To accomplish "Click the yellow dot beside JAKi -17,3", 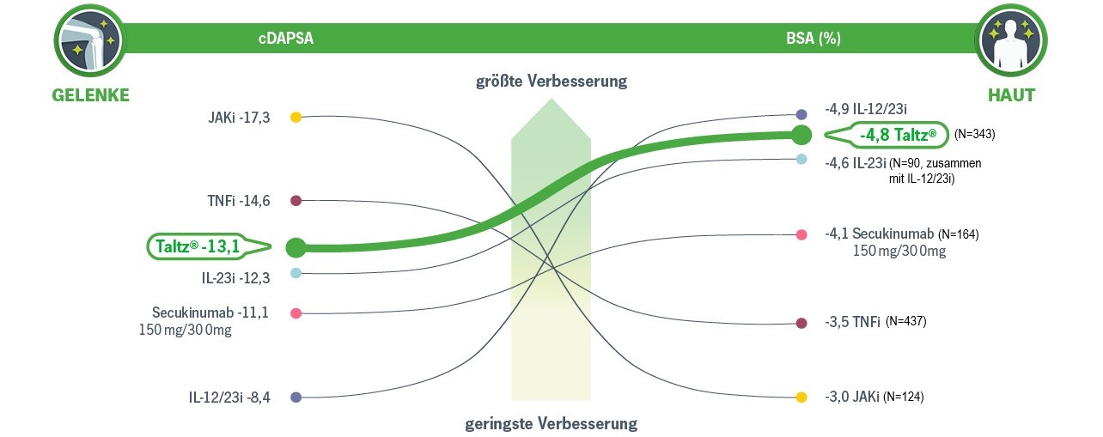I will coord(296,117).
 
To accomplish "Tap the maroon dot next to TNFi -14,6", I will coord(296,201).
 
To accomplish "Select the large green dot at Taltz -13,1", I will coord(296,247).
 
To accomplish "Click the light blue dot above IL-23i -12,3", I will coord(296,273).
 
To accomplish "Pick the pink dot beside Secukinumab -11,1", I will coord(296,313).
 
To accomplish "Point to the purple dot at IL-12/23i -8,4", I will coord(296,398).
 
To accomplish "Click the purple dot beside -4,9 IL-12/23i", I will coord(801,114).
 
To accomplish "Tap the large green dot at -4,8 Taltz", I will coord(801,135).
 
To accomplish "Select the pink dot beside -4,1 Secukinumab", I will coord(801,234).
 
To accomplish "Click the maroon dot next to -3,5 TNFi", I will coord(801,324).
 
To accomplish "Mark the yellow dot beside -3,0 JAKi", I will coord(801,398).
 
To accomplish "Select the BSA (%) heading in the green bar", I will coord(813,39).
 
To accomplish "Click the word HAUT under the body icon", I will coord(1010,95).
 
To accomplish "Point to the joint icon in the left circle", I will coord(88,39).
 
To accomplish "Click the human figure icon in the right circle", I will coord(1010,39).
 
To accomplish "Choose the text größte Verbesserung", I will coord(551,82).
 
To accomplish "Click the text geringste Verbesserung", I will coord(551,423).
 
